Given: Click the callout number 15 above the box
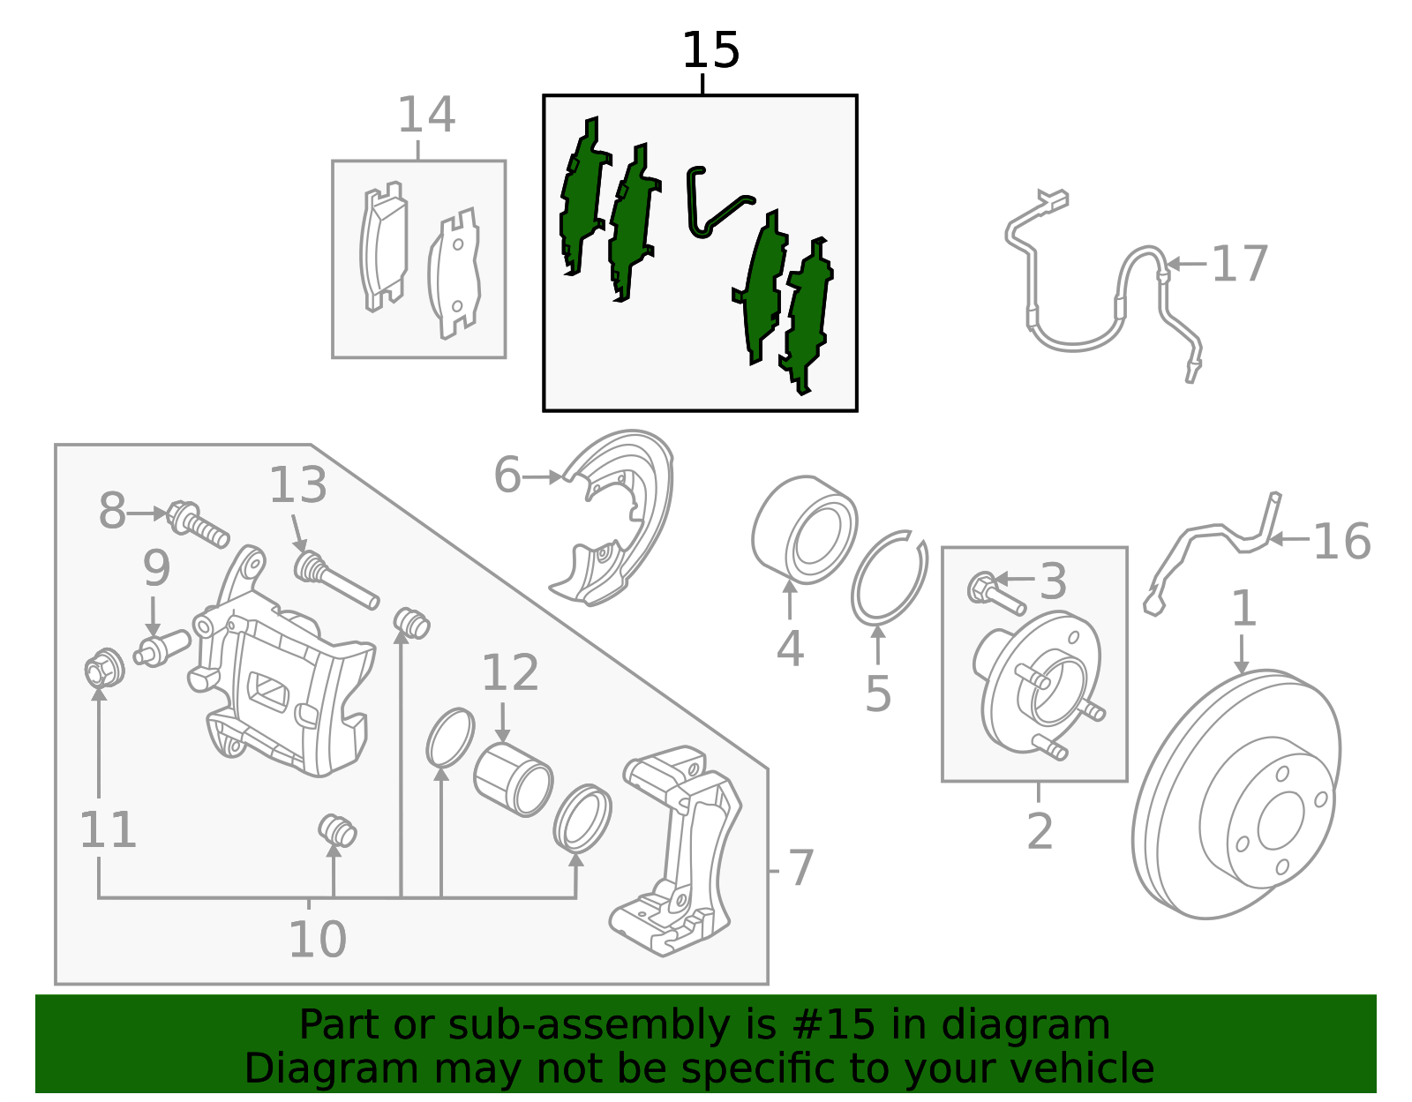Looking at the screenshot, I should pyautogui.click(x=710, y=50).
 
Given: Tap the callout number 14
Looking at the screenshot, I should pyautogui.click(x=426, y=116).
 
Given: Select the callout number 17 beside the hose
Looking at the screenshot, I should pyautogui.click(x=1239, y=264).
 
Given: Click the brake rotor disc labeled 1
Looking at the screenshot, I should pyautogui.click(x=1235, y=794).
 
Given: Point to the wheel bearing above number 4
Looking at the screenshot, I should pyautogui.click(x=804, y=529).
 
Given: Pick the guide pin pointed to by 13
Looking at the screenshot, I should pyautogui.click(x=334, y=580).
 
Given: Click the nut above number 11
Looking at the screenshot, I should pyautogui.click(x=104, y=668).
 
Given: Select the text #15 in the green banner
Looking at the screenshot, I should pyautogui.click(x=834, y=1024).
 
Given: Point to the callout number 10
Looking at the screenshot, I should pyautogui.click(x=318, y=940).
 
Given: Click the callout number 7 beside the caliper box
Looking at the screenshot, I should pyautogui.click(x=800, y=869).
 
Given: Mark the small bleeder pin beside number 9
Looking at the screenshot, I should pyautogui.click(x=161, y=648).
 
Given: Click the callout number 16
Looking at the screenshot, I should pyautogui.click(x=1341, y=541).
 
